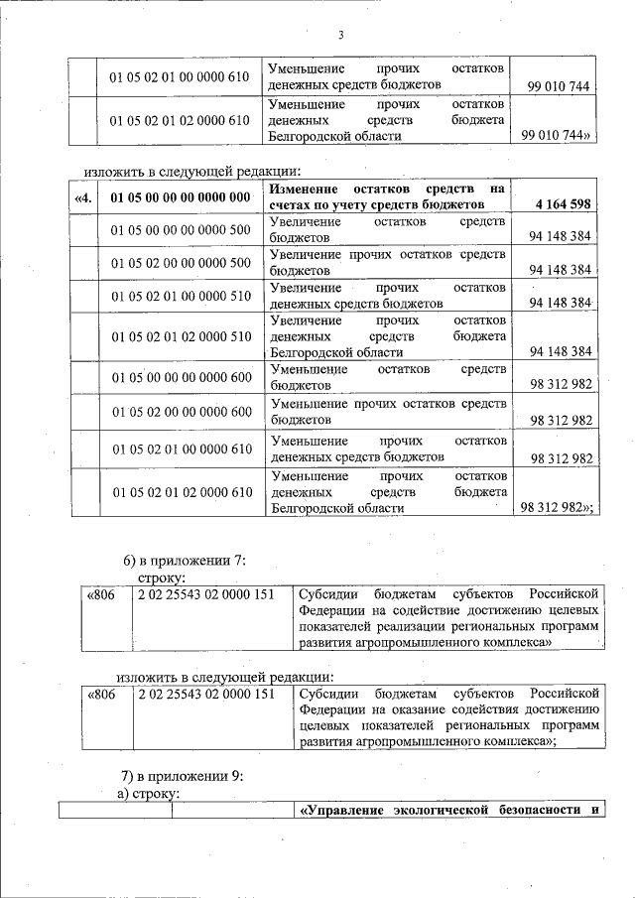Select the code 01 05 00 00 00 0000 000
[x=181, y=196]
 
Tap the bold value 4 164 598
[x=562, y=205]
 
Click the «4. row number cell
[x=84, y=196]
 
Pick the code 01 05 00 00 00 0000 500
[x=181, y=229]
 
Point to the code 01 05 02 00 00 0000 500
[x=181, y=262]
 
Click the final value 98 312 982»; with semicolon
[x=557, y=507]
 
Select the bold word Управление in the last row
[x=339, y=811]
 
